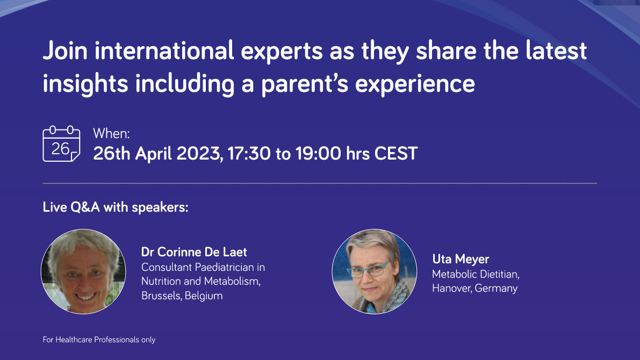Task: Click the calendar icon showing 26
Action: tap(61, 143)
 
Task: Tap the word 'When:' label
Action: tap(111, 133)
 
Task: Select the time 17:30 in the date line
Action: tap(249, 154)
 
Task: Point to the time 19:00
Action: tap(318, 154)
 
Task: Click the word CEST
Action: tap(396, 154)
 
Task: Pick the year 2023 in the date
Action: tap(199, 154)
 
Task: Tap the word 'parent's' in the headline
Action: tap(305, 84)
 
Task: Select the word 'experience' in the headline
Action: tap(415, 84)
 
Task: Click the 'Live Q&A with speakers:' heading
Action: tap(116, 207)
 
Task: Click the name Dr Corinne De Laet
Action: tap(194, 252)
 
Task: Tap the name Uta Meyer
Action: tap(461, 259)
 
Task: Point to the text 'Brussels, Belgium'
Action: tap(182, 296)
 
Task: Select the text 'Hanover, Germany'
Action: tap(474, 288)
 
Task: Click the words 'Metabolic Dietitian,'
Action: tap(476, 274)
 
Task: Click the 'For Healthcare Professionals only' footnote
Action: tap(99, 340)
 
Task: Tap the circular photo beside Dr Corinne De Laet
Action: tap(83, 271)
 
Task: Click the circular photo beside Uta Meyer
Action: tap(375, 271)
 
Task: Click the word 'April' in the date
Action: tap(153, 154)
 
